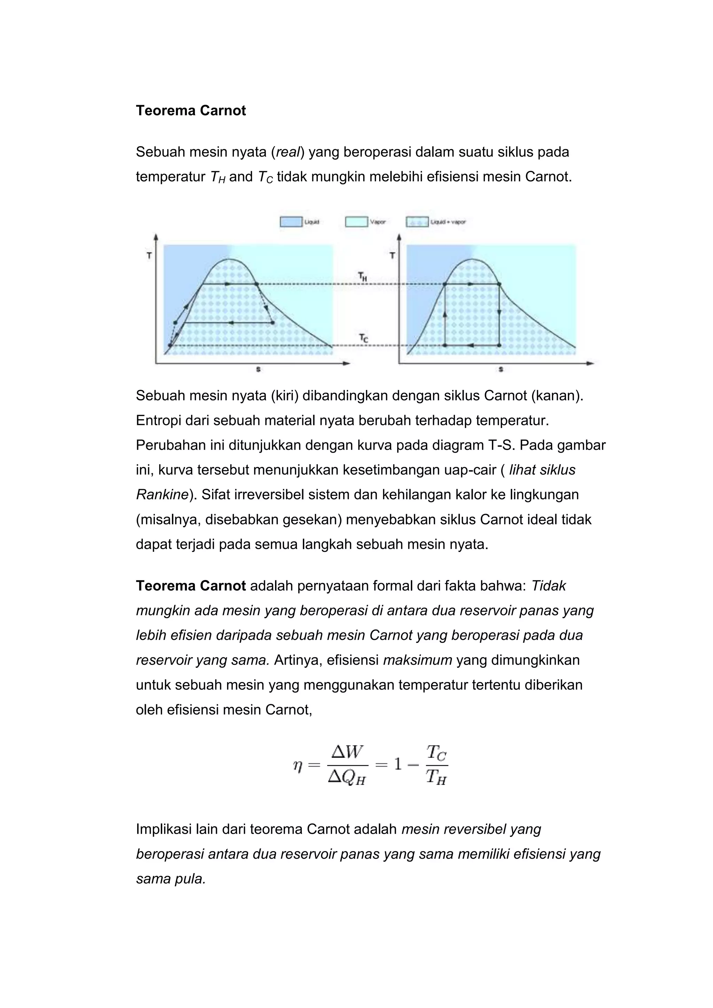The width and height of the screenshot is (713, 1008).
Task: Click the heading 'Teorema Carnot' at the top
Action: coord(191,111)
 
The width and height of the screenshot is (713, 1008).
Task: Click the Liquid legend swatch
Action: coord(291,222)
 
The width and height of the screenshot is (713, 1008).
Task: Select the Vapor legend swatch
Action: coord(356,222)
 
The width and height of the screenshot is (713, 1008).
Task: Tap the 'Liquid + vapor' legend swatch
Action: coord(417,222)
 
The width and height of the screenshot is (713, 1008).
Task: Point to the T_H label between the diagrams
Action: coord(362,277)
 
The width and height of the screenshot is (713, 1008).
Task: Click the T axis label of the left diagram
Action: coord(149,255)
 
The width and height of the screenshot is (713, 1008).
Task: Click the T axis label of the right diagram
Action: coord(392,255)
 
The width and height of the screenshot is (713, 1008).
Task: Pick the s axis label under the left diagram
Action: coord(258,370)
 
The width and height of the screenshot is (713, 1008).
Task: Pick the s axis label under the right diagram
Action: coord(501,370)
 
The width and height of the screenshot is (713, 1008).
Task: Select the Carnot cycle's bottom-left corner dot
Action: coord(445,346)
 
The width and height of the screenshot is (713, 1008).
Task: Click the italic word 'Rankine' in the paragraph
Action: coord(162,495)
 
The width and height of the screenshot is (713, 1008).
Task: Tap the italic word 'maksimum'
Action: coord(417,660)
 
